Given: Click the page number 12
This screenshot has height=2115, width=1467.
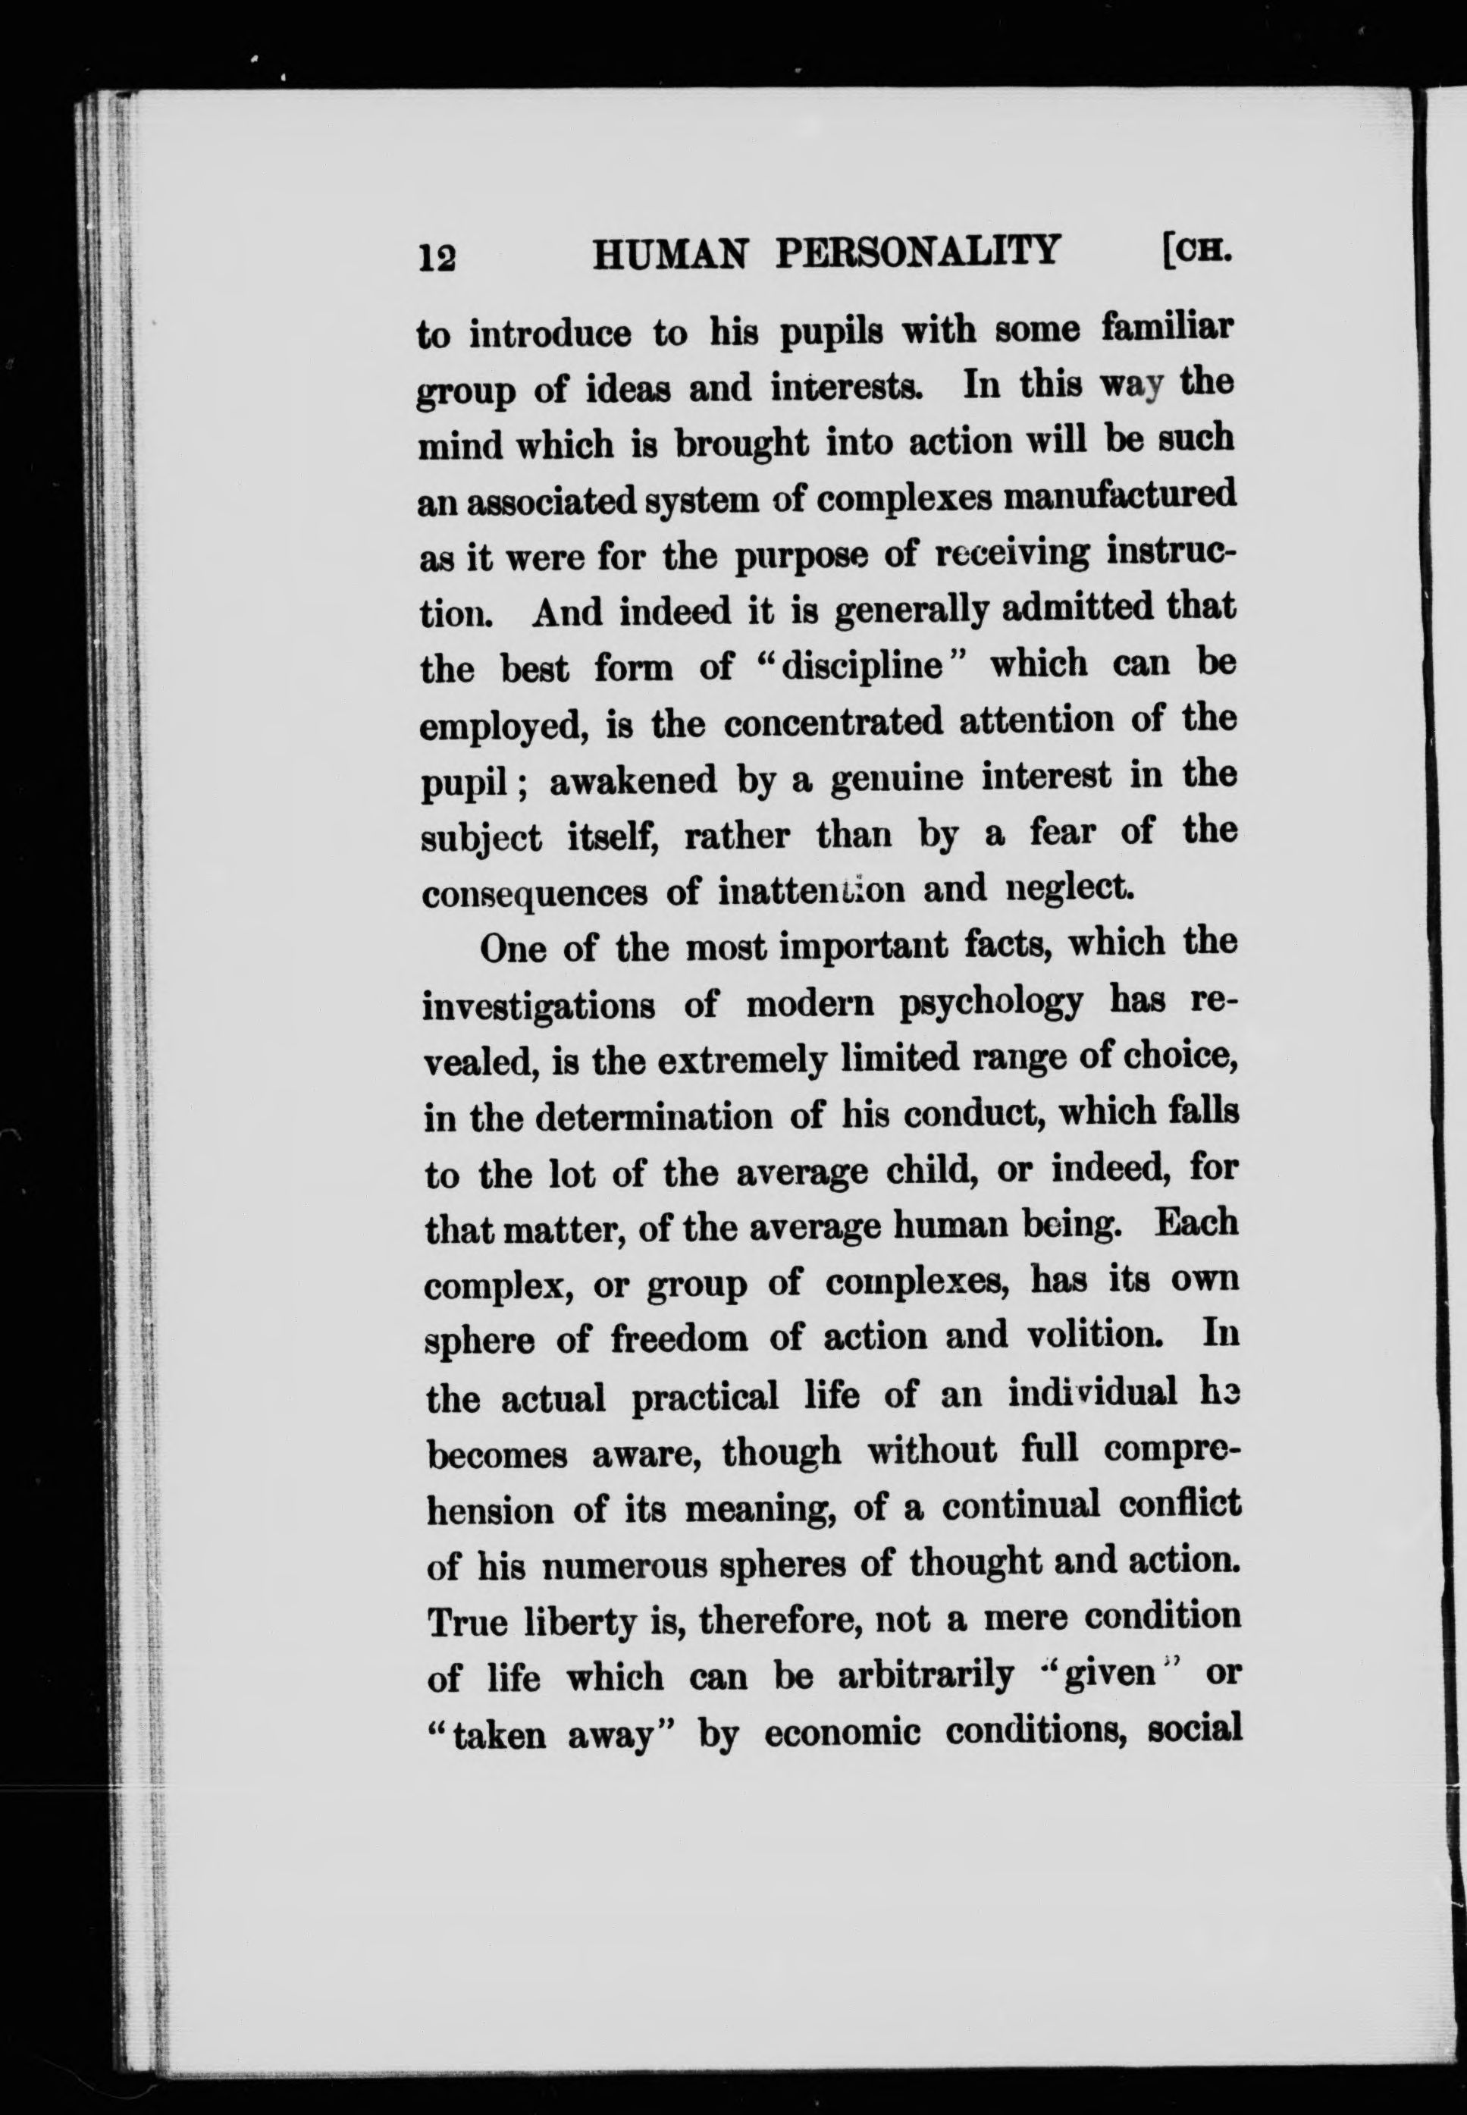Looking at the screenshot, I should [437, 257].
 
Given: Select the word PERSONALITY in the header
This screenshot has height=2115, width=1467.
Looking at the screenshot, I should [917, 252].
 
